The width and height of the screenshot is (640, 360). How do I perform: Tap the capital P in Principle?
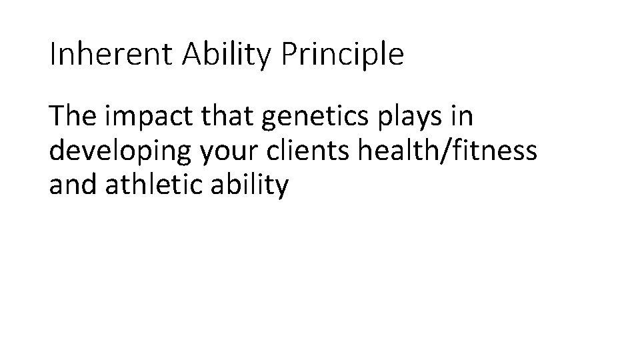tap(289, 55)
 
